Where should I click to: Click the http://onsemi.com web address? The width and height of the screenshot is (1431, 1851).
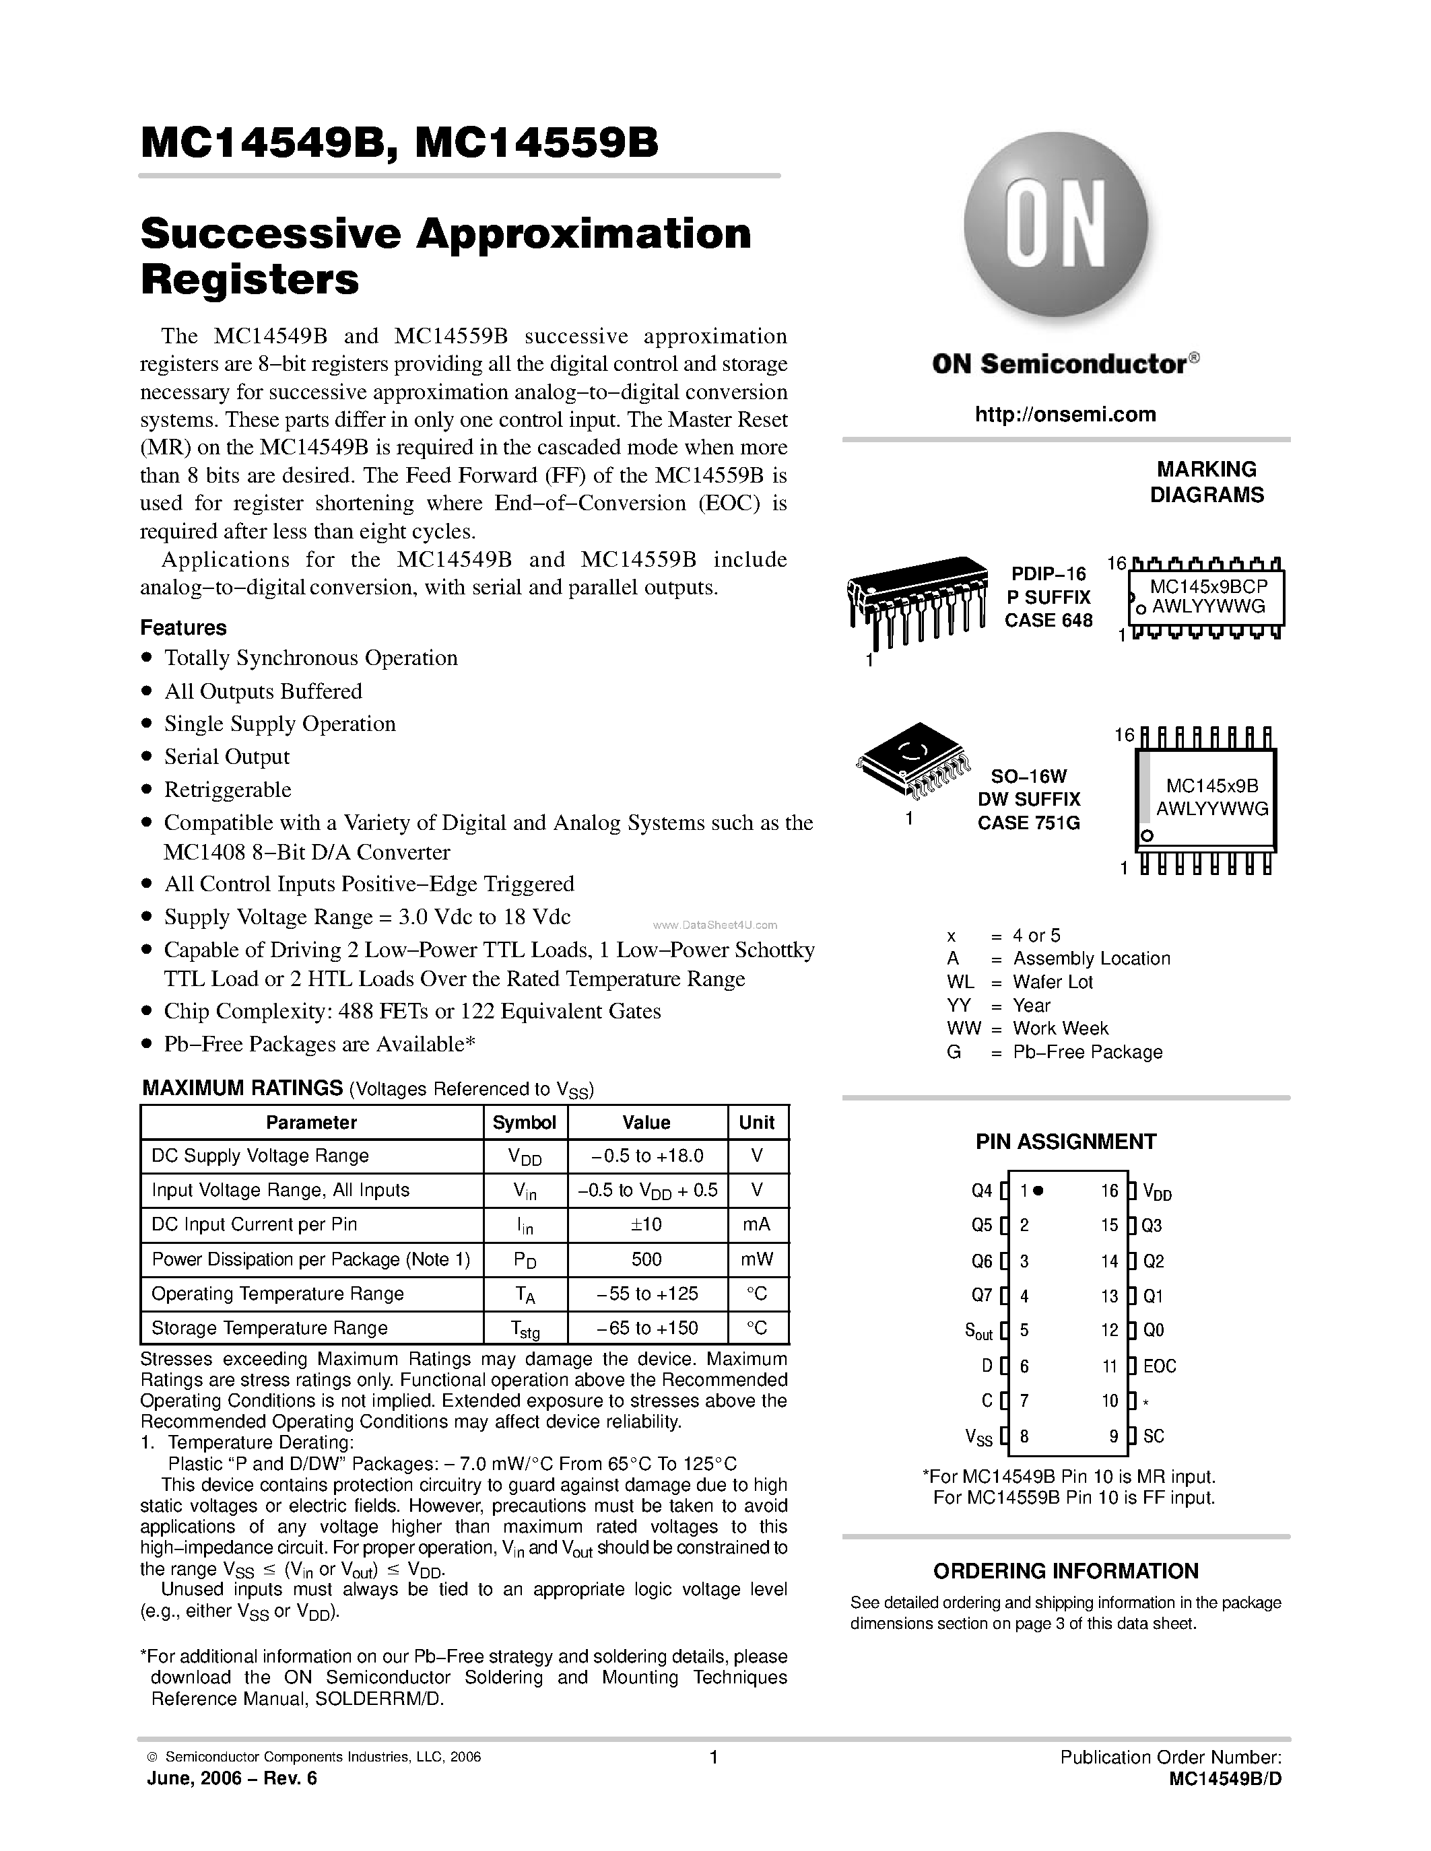click(1065, 415)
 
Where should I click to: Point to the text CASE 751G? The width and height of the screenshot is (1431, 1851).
click(1028, 823)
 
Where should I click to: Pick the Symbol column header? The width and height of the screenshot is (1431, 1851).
click(524, 1122)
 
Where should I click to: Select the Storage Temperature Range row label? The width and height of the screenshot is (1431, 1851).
click(269, 1328)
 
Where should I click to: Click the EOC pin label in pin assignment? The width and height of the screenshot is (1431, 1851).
click(1159, 1366)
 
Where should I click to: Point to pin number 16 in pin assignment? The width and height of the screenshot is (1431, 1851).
click(1110, 1191)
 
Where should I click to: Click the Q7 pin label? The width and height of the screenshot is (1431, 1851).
click(981, 1296)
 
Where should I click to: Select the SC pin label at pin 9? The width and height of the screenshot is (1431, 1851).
click(1153, 1436)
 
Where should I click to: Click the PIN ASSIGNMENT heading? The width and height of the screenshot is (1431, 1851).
click(1065, 1142)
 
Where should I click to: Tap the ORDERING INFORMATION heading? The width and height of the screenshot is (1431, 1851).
click(1065, 1571)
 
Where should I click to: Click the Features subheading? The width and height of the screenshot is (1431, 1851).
click(183, 628)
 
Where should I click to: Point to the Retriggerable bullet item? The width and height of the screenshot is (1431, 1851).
click(227, 790)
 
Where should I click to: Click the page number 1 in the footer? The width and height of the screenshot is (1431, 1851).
click(714, 1757)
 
